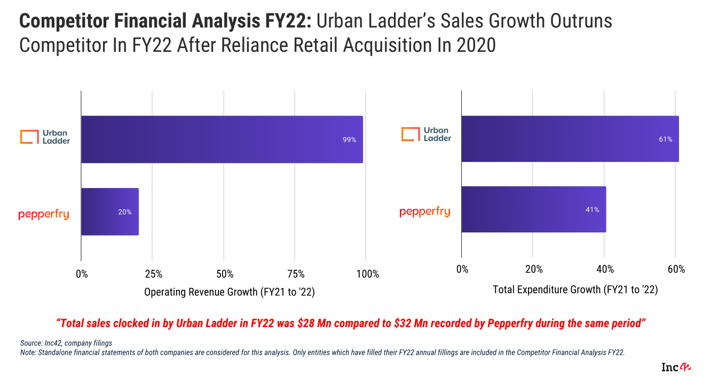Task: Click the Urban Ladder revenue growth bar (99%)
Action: [x=222, y=139]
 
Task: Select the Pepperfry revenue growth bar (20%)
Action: [x=109, y=212]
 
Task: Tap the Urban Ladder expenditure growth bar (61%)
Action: [x=570, y=138]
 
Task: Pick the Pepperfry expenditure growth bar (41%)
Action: [x=533, y=209]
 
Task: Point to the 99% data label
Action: [x=349, y=140]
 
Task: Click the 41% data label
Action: [x=592, y=210]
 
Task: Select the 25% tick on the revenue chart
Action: [x=153, y=274]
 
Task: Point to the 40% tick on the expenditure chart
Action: [x=605, y=269]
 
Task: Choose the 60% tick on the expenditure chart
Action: [x=676, y=269]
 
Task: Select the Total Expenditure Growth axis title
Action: [x=575, y=290]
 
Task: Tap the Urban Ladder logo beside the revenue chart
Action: [x=45, y=136]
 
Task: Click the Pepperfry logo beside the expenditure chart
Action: [x=425, y=212]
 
